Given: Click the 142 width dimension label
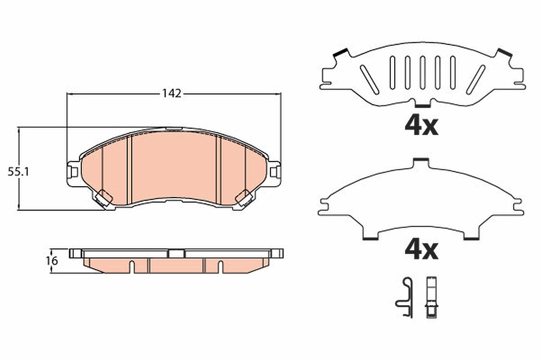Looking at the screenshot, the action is [x=171, y=94].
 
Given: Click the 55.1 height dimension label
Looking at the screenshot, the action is [x=18, y=172].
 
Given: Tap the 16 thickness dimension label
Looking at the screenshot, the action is [x=52, y=261].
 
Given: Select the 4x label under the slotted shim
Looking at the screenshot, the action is [x=421, y=126].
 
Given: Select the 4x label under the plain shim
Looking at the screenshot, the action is [x=421, y=251].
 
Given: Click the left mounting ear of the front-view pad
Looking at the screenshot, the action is [x=73, y=173].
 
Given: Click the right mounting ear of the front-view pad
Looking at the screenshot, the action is [x=274, y=173].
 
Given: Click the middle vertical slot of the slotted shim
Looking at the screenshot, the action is [x=422, y=72].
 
